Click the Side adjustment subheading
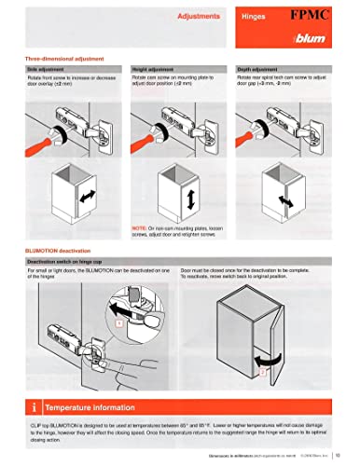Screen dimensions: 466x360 tap(46, 68)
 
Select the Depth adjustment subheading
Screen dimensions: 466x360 tap(263, 68)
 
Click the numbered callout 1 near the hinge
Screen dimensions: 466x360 tap(118, 322)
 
